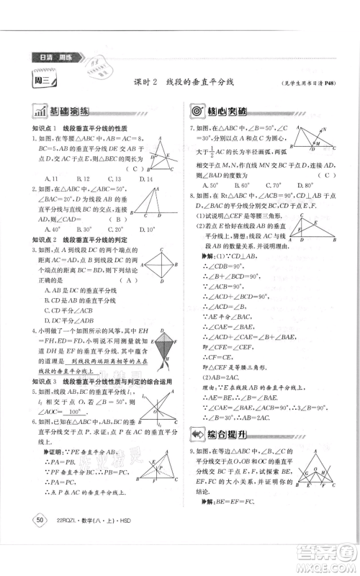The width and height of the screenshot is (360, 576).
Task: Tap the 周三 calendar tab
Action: [x=41, y=81]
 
